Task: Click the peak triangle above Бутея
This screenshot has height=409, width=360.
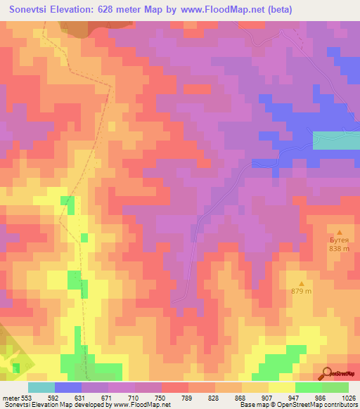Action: [340, 232]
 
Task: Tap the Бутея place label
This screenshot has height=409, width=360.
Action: [340, 240]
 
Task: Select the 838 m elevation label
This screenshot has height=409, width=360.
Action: [340, 248]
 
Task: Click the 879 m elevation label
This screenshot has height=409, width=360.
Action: [301, 292]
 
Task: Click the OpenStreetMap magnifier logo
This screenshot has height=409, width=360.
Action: [328, 373]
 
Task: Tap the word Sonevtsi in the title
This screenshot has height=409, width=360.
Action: [33, 10]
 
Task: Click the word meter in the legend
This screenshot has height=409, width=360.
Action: [12, 398]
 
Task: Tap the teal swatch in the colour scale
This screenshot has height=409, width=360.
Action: [41, 387]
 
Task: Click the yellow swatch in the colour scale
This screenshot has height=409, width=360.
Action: [282, 387]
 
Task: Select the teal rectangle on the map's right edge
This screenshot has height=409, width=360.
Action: [336, 140]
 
